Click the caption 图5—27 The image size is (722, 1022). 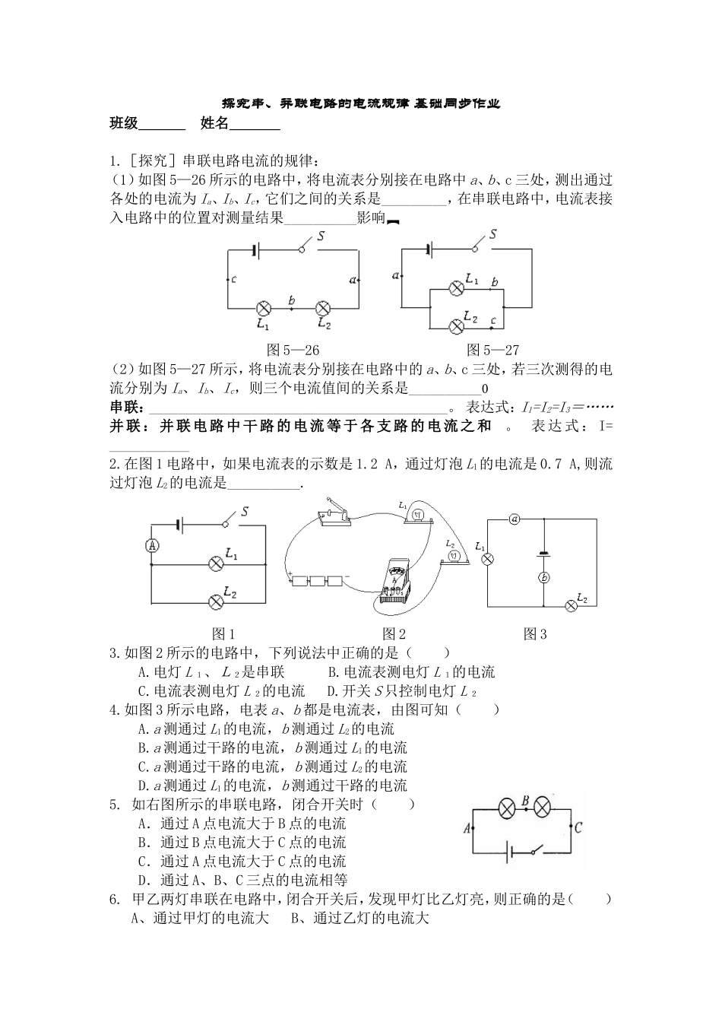(492, 350)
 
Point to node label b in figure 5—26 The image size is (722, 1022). (293, 300)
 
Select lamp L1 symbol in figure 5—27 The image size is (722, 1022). (457, 288)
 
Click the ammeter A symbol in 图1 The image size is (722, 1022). (152, 545)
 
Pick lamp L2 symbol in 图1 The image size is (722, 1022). (216, 601)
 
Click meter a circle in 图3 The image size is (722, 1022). (515, 519)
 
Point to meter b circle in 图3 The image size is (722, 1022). (544, 578)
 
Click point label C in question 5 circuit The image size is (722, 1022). (578, 828)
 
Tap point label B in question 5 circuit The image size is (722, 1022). (524, 800)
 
